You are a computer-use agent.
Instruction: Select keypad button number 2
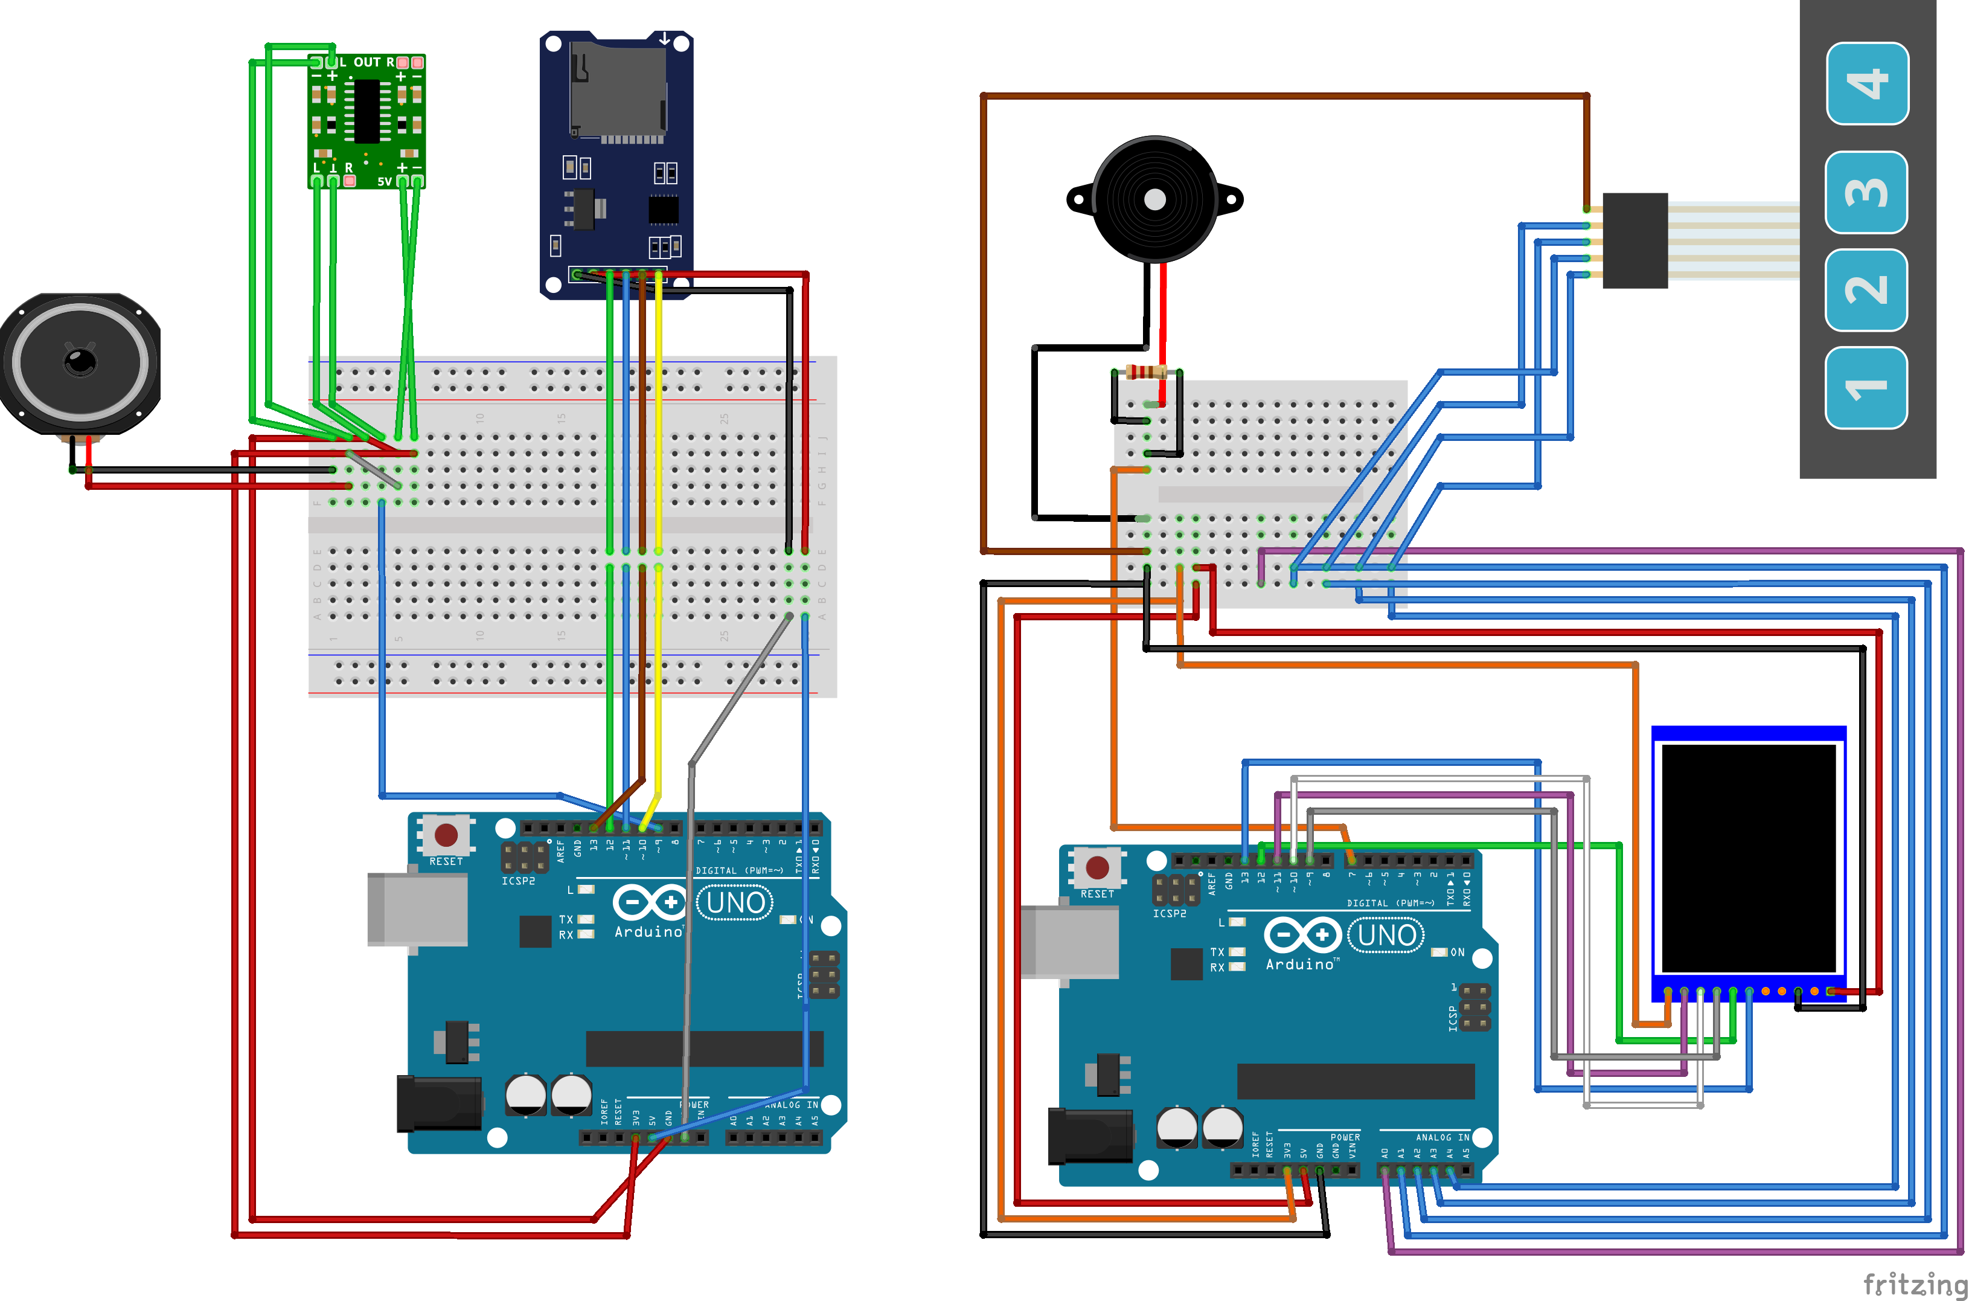coord(1866,289)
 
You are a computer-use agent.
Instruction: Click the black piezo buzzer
coord(1154,199)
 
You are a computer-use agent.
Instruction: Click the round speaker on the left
coord(80,362)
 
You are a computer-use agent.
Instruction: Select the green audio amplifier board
coord(366,121)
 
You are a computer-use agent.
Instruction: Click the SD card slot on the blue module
coord(617,91)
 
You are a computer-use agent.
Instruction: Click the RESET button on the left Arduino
coord(446,835)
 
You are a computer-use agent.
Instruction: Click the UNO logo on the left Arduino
coord(735,902)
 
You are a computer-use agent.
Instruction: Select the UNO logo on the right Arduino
coord(1386,935)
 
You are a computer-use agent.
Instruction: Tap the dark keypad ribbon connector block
coord(1634,240)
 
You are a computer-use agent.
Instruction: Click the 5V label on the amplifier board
coord(384,181)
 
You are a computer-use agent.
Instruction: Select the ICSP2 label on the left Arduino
coord(517,881)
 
